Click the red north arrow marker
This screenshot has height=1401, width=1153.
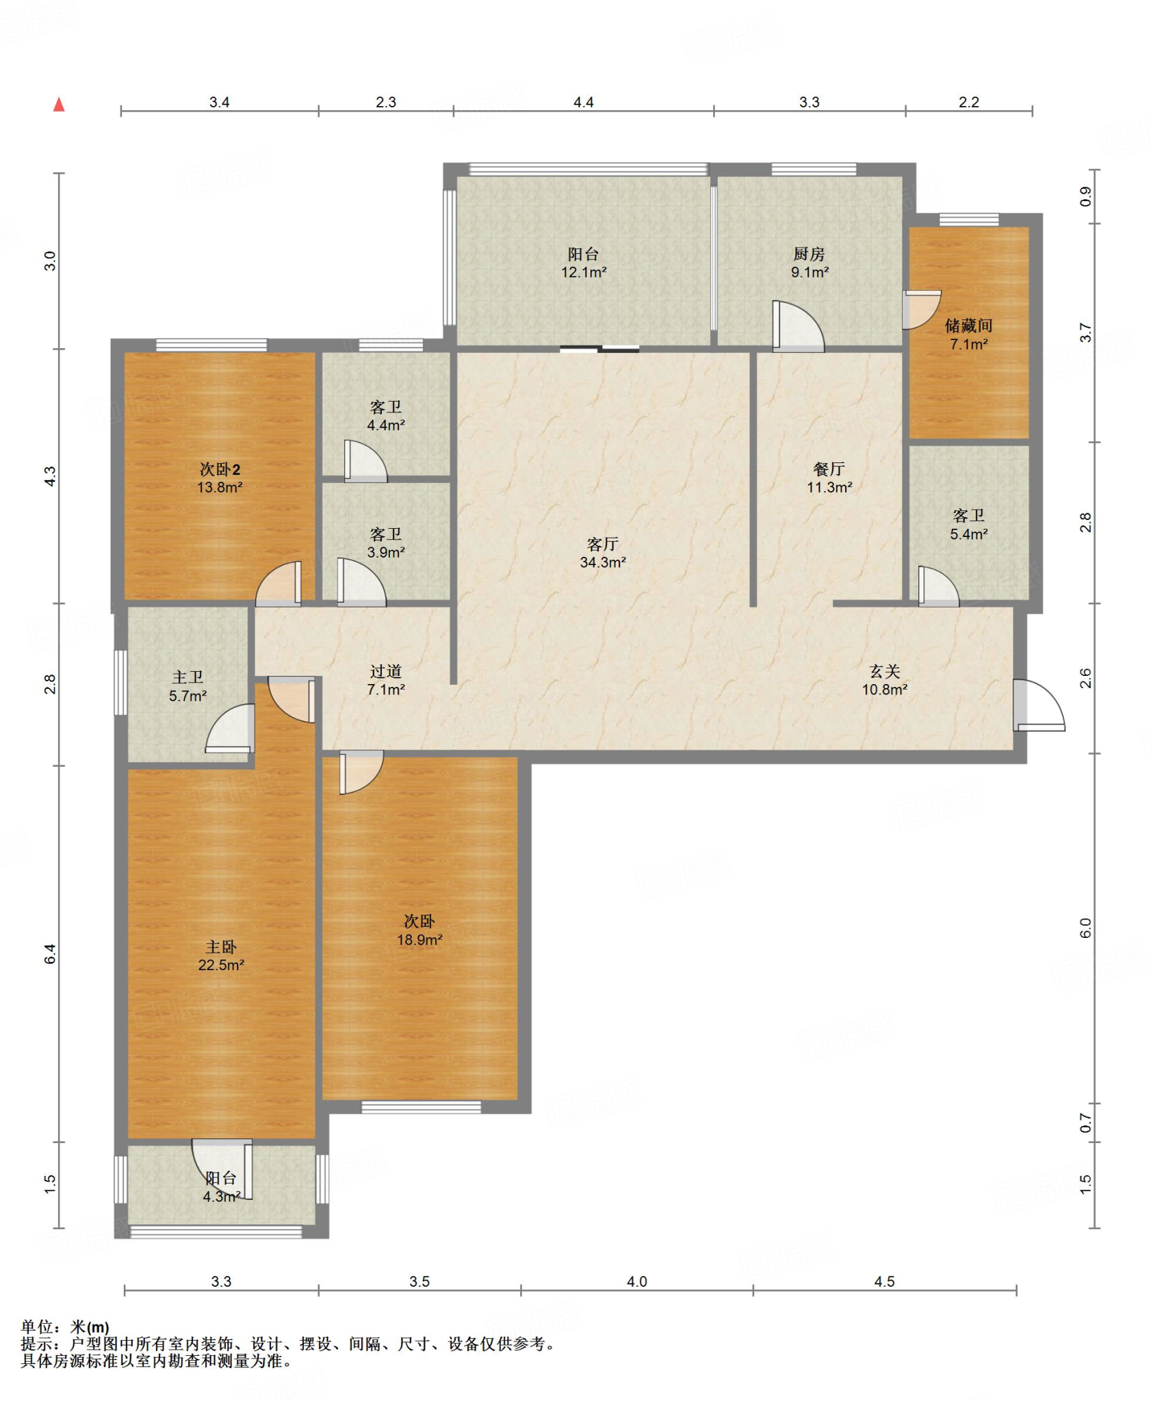(x=60, y=105)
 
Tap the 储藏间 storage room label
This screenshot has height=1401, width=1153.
(x=968, y=326)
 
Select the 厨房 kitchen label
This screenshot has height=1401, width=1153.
(x=809, y=254)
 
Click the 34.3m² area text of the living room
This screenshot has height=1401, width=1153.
(x=603, y=562)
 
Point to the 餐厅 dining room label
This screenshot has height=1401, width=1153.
(x=829, y=469)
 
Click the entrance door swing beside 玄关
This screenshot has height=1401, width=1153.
(x=1039, y=705)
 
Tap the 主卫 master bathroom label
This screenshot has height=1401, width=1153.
(x=187, y=677)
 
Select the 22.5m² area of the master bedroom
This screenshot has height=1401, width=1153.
(x=221, y=965)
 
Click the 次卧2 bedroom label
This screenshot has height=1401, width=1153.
(x=220, y=469)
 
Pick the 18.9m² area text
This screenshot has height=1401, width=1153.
(x=419, y=940)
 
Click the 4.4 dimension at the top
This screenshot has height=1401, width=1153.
(x=583, y=103)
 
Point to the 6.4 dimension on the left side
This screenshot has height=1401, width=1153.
(x=51, y=954)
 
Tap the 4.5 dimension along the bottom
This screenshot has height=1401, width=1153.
(x=884, y=1281)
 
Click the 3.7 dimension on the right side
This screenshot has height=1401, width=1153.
(x=1086, y=333)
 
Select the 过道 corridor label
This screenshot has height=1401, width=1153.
(x=386, y=672)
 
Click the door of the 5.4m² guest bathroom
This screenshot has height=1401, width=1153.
(x=938, y=587)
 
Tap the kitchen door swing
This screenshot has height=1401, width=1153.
(x=798, y=326)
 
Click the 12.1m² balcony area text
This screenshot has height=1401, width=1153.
(x=584, y=272)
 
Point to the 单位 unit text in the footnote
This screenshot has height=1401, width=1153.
(x=36, y=1327)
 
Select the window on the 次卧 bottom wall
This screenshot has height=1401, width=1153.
(x=421, y=1107)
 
